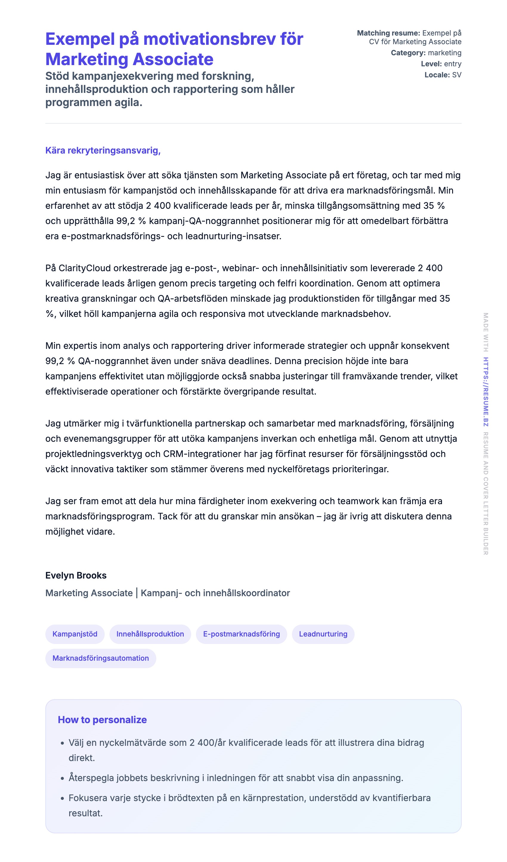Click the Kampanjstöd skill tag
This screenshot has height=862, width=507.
coord(75,634)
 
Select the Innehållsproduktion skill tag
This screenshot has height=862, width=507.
coord(150,634)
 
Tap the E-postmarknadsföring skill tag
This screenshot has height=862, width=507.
coord(241,634)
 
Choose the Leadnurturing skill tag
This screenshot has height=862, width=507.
coord(323,634)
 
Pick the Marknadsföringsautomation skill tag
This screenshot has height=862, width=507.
coord(101,658)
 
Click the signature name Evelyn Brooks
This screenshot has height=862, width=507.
coord(76,575)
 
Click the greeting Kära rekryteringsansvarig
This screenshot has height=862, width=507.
coord(103,151)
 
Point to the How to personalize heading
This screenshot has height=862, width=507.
coord(102,720)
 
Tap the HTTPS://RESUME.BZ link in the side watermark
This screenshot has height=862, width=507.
coord(486,392)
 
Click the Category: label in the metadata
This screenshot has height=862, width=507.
coord(408,53)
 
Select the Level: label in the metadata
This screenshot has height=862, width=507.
coord(431,64)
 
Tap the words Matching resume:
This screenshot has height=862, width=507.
coord(388,33)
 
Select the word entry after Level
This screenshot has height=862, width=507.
coord(453,64)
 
